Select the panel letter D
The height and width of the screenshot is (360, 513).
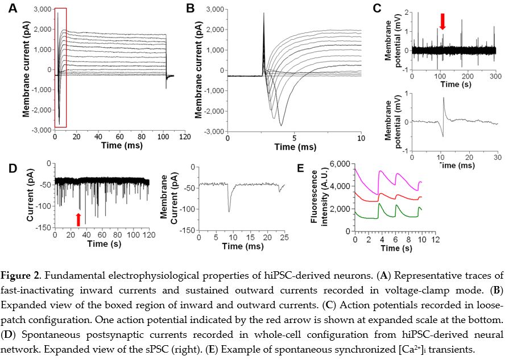13,168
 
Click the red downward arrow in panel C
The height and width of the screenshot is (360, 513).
442,21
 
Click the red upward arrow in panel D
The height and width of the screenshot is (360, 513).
78,218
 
